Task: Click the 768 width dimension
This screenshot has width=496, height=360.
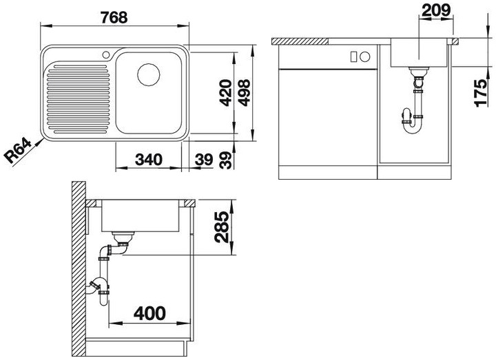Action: point(114,17)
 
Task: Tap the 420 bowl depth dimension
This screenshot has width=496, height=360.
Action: point(226,93)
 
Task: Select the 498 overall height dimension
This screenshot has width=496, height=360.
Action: point(244,93)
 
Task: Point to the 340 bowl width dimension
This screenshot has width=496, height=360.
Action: point(148,160)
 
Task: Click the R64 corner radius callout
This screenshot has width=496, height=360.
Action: point(19,151)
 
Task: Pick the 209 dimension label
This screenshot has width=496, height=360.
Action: point(436,10)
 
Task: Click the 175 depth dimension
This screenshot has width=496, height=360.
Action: point(481,93)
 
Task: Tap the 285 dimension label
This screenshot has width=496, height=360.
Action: point(221,227)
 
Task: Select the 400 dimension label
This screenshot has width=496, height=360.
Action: point(149,313)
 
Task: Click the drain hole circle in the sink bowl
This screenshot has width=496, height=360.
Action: point(148,74)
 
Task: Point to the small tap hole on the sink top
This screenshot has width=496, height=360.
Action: point(106,54)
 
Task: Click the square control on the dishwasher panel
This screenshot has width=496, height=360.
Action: point(353,57)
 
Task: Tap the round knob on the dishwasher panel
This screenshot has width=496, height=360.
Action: point(364,57)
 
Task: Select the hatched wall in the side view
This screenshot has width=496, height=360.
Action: point(79,269)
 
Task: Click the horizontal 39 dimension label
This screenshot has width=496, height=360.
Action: point(203,160)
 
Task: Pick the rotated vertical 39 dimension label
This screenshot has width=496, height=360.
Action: point(226,160)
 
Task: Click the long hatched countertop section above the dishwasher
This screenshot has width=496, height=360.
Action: point(300,41)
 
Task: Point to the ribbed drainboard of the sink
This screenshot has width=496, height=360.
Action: point(78,98)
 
